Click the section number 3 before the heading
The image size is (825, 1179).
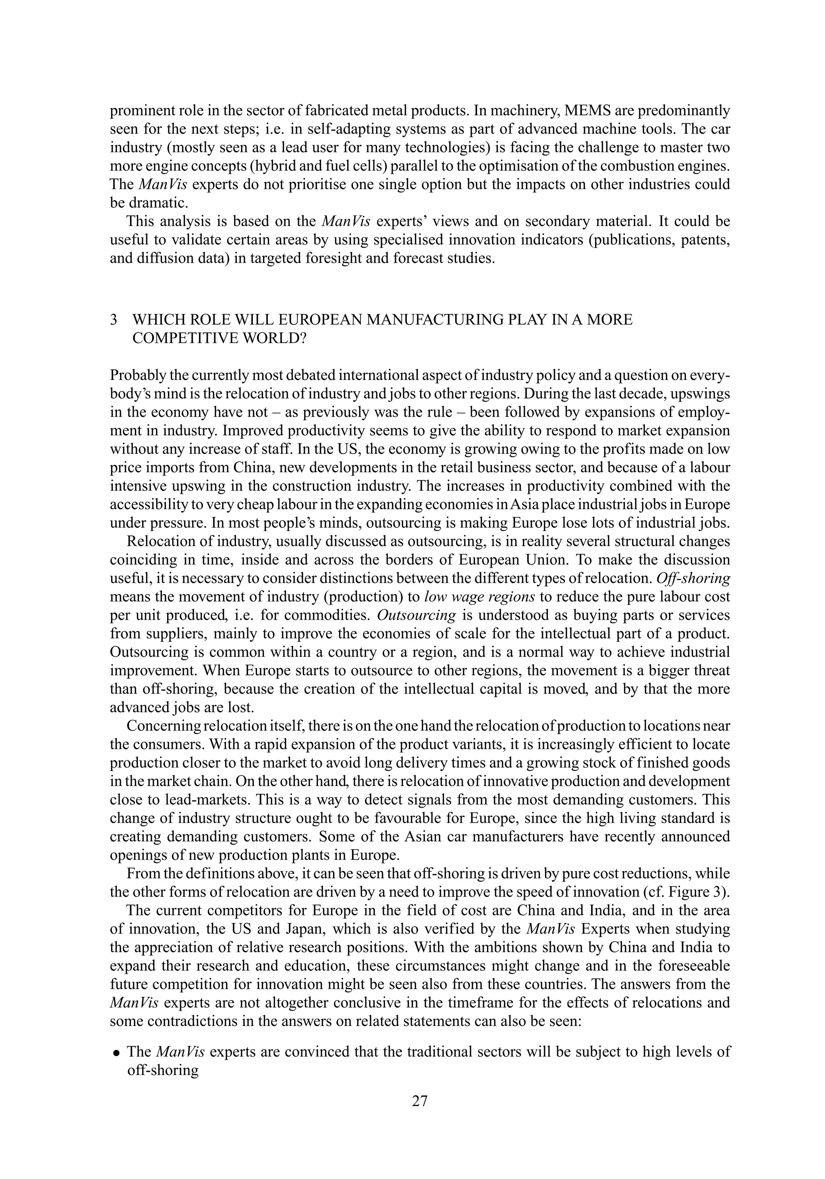114,320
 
